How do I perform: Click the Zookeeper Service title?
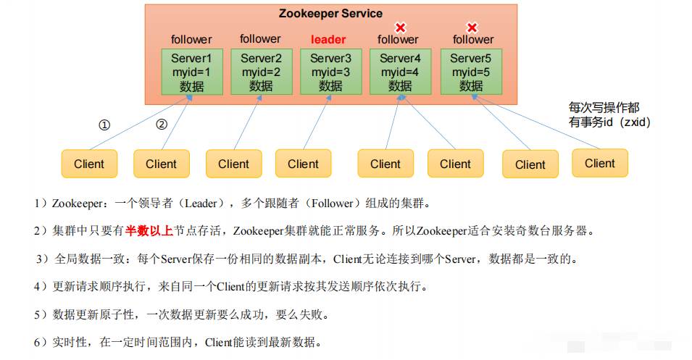(330, 14)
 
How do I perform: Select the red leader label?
(328, 39)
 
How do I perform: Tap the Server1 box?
(191, 72)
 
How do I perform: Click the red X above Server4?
(399, 28)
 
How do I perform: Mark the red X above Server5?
(472, 28)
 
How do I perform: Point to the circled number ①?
(104, 125)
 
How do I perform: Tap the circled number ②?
(162, 125)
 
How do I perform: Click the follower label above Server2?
(260, 39)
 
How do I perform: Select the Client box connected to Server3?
(303, 164)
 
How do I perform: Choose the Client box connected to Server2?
(233, 164)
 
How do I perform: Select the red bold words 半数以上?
(149, 230)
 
